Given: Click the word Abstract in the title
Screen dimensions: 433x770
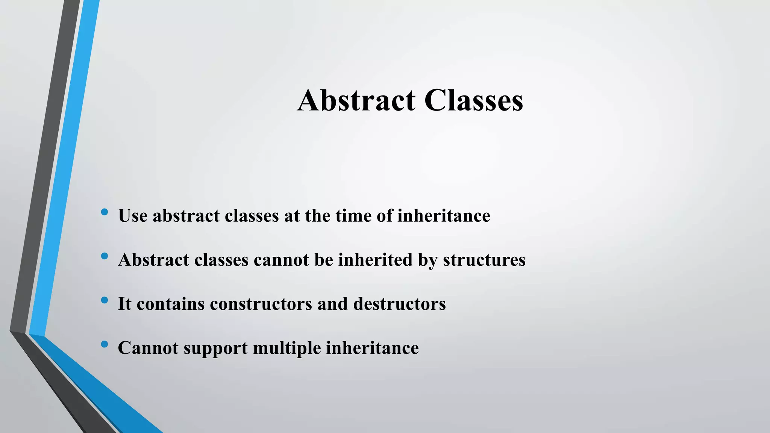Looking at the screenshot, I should coord(356,100).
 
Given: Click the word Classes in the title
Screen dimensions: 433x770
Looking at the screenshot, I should coord(474,100).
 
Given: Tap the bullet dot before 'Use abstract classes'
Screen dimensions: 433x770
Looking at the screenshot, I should coord(105,212).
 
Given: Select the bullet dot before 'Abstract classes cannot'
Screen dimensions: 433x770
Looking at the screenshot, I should coord(105,256).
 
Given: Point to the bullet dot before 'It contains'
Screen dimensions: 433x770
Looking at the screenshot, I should coord(105,300).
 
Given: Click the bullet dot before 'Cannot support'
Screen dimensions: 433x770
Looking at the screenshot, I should coord(105,344).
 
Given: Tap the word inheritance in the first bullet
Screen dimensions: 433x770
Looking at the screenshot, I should coord(444,216).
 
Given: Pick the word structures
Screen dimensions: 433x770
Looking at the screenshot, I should coord(484,260).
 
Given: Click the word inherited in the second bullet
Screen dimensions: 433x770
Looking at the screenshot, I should coord(375,260).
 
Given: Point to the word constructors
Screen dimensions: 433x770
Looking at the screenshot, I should coord(261,304).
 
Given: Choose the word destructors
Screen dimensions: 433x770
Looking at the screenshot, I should coord(399,304).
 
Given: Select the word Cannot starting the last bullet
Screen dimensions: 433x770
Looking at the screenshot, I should coord(148,348).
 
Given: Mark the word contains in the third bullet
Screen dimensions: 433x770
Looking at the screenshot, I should coord(170,304).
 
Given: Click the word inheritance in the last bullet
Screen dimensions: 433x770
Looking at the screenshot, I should coord(372,348).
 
